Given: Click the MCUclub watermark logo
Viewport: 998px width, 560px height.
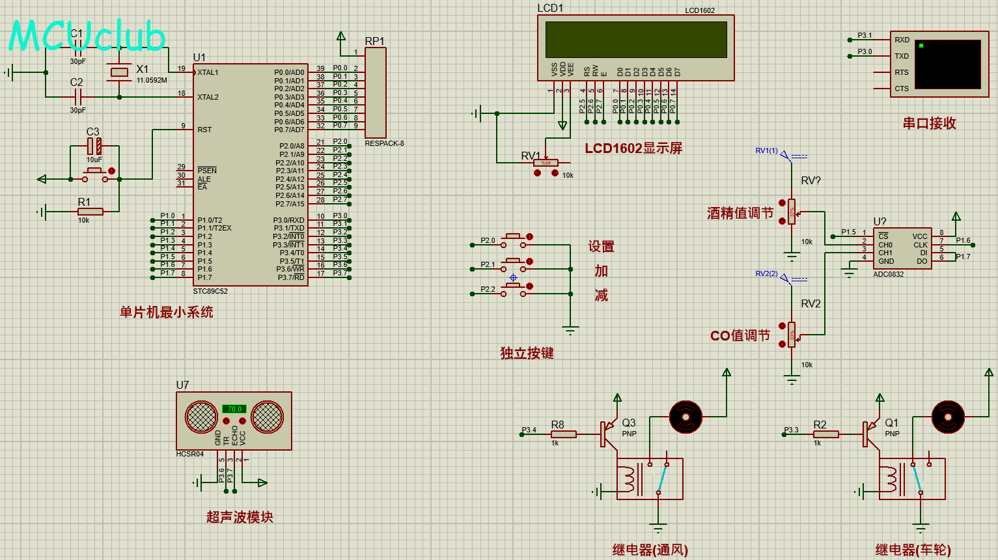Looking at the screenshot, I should click(x=87, y=36).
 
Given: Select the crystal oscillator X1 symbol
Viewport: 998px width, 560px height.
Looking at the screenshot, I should click(x=119, y=72).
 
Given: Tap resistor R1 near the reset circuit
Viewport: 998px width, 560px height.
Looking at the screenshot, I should click(x=90, y=211).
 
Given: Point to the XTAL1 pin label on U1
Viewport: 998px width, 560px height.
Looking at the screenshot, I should click(x=208, y=72).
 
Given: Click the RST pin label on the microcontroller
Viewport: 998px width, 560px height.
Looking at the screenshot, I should click(x=204, y=130).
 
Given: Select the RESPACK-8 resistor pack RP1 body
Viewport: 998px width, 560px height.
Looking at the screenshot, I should click(x=376, y=92).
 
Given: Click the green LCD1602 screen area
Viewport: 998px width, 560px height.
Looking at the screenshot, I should click(x=635, y=40).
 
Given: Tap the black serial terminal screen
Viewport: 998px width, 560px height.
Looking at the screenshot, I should click(x=947, y=64).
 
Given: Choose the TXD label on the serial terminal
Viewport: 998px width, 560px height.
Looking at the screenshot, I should click(x=902, y=56).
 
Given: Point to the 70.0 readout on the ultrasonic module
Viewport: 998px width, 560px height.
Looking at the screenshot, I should click(x=234, y=409).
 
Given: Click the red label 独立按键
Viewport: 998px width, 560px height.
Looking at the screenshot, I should click(x=527, y=353).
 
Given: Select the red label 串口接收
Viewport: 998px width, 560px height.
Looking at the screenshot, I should click(x=929, y=123).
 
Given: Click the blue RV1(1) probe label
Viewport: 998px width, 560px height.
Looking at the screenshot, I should click(x=766, y=150).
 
